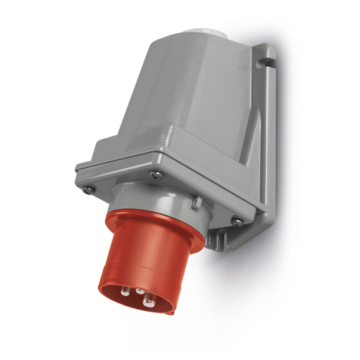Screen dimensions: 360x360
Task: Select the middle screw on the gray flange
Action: pyautogui.click(x=154, y=174)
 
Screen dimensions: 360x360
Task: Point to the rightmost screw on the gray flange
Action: pyautogui.click(x=237, y=221)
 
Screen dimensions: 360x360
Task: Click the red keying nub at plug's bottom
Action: pyautogui.click(x=171, y=311)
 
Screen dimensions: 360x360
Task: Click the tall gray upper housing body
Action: pyautogui.click(x=190, y=88)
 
